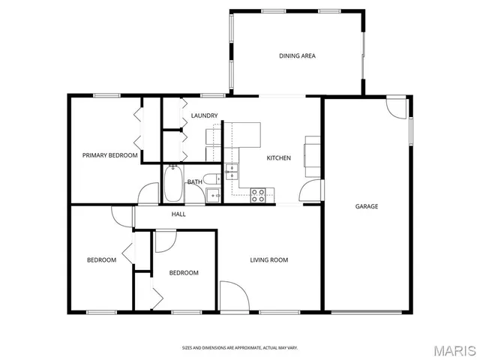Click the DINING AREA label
point(297,56)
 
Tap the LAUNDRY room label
point(204,115)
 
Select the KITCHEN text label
point(278,158)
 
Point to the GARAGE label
point(367,206)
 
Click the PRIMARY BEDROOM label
point(109,155)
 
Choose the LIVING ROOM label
point(269,260)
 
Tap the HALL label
point(178,214)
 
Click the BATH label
point(194,182)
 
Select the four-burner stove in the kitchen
point(257,195)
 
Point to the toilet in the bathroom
point(214,178)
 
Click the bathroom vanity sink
point(213,196)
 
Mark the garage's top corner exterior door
point(396,109)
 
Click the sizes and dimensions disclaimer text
point(239,348)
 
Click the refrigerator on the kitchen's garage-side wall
point(312,152)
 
